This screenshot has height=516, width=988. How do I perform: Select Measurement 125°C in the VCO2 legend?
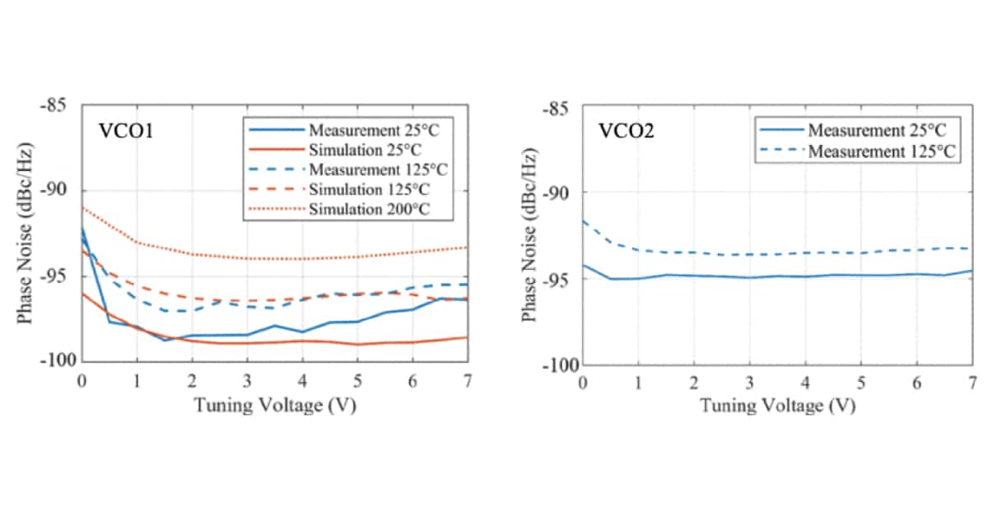click(880, 151)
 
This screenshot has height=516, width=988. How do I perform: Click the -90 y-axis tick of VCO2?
click(562, 193)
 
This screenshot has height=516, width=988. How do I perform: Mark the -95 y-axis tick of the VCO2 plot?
click(562, 279)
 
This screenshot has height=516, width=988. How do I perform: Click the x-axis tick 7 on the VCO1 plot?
click(468, 380)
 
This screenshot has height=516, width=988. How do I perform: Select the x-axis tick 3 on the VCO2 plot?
click(749, 384)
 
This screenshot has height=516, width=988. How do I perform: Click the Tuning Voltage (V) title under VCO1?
click(275, 405)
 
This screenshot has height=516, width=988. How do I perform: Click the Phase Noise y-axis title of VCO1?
click(27, 234)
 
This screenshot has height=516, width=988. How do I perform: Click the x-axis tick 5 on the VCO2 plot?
click(860, 384)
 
